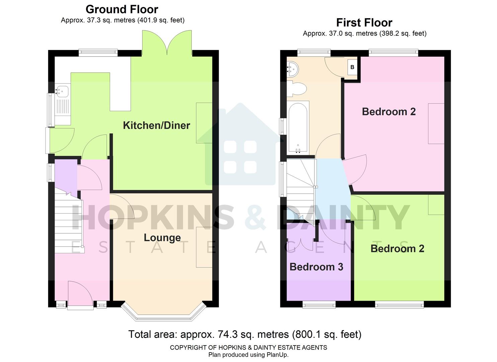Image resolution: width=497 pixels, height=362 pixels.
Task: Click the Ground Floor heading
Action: coord(122,9)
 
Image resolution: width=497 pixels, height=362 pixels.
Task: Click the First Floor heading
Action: coord(364,22)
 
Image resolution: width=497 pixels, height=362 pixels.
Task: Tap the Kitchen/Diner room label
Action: coord(156,125)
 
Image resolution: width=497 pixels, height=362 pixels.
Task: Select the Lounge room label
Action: coord(162,238)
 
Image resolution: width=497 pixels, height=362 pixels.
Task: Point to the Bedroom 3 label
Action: coord(316,267)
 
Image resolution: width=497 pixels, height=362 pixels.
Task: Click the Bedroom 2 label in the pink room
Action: coord(389,112)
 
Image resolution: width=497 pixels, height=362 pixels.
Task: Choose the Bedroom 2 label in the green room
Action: coord(397,249)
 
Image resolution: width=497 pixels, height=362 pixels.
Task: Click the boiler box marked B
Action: coord(352,67)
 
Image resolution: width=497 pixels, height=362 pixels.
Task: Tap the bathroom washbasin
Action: coord(293,69)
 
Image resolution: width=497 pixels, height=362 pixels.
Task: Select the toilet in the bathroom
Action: coord(298,89)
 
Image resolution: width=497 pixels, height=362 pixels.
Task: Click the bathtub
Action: coord(298,128)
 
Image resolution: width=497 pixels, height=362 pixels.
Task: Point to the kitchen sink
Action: coord(63,90)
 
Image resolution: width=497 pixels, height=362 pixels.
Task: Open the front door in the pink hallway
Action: coord(80,294)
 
